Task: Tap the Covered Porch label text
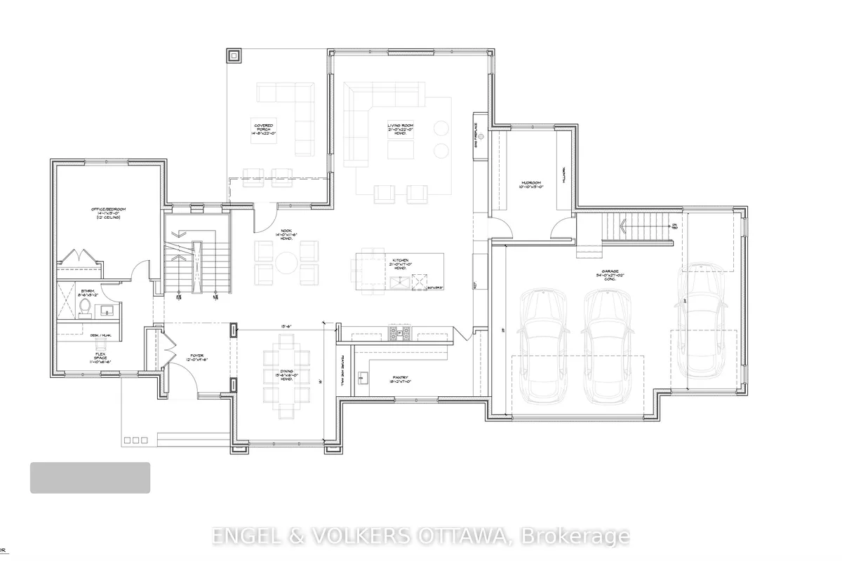point(264,129)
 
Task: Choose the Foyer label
point(197,358)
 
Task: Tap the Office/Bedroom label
point(107,213)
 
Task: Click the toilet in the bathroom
point(83,307)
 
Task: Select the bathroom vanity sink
point(107,309)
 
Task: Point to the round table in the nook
point(286,263)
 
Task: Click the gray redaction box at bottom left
point(90,478)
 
